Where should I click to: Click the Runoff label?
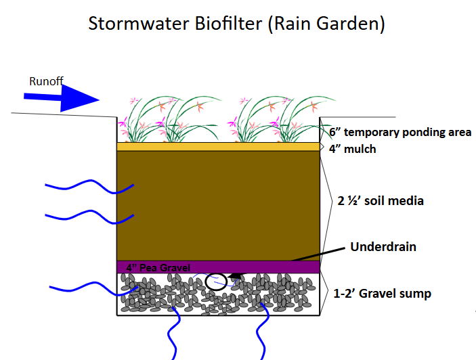46,82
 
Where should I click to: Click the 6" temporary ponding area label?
400,133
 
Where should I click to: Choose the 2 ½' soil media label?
381,201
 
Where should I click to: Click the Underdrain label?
383,246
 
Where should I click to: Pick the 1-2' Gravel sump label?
383,294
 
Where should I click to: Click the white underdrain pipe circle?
216,281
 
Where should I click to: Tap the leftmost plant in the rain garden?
145,118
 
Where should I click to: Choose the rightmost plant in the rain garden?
297,118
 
